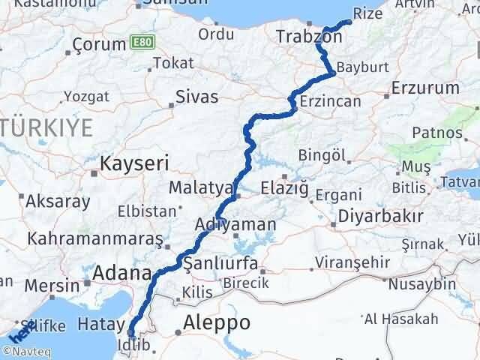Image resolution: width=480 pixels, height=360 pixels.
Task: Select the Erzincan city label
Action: pyautogui.click(x=330, y=101)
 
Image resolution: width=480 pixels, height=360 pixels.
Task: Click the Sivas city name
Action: pyautogui.click(x=196, y=97)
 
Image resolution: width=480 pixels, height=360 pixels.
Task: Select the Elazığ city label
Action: pyautogui.click(x=285, y=188)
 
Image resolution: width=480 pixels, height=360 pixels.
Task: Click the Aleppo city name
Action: pyautogui.click(x=217, y=323)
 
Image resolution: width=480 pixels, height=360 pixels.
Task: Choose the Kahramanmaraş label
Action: pyautogui.click(x=94, y=239)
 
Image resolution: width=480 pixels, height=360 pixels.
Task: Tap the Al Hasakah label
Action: pyautogui.click(x=401, y=319)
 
